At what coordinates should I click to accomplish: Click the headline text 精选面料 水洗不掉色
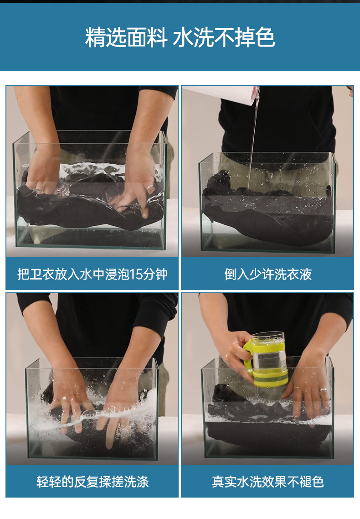coord(180,37)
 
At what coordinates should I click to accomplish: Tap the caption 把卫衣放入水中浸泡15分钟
coord(92,275)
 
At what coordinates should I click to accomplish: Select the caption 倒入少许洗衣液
coord(268,275)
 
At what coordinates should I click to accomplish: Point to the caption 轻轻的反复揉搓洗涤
coord(93,482)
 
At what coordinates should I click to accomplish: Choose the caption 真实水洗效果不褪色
coord(268,482)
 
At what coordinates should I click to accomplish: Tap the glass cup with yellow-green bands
coord(266,359)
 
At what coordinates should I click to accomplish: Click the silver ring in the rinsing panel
coord(323,390)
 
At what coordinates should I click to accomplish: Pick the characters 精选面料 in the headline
coord(126,37)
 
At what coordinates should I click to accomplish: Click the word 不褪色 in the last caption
coord(305,482)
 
